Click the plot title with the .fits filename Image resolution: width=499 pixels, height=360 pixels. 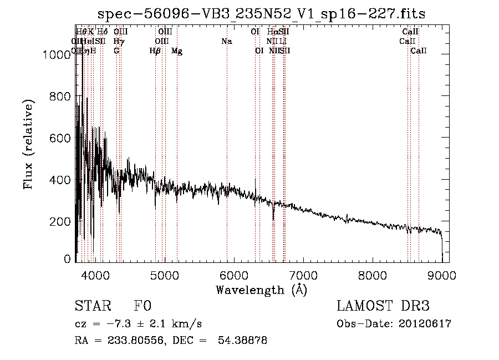(261, 14)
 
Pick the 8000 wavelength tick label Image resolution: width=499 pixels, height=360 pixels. (373, 275)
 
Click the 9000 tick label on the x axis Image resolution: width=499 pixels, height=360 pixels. (442, 275)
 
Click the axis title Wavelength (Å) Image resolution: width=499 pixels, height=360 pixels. (261, 290)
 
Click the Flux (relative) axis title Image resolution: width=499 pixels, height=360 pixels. (28, 144)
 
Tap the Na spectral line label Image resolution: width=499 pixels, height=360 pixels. (226, 41)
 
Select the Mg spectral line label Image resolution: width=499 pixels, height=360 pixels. (177, 51)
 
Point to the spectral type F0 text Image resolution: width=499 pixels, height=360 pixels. (142, 307)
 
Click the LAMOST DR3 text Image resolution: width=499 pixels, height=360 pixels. (383, 307)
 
